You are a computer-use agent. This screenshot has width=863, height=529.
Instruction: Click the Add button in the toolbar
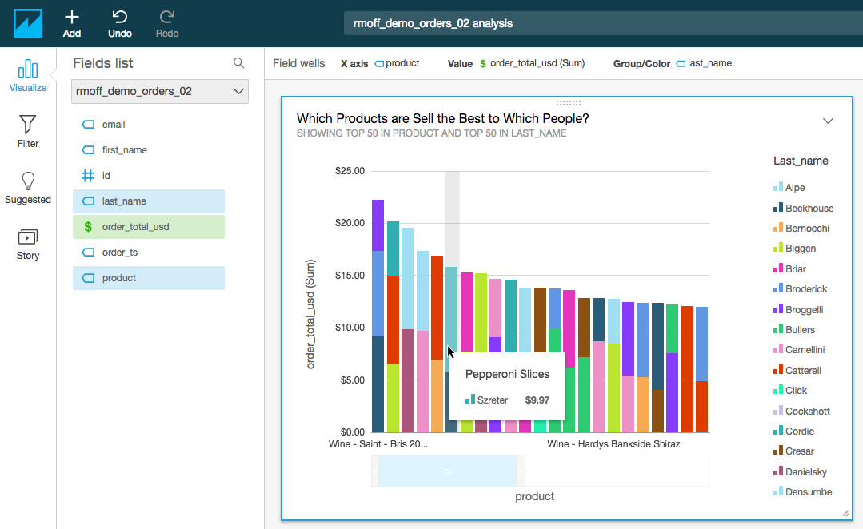point(72,23)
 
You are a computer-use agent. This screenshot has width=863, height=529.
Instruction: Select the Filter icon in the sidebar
point(28,131)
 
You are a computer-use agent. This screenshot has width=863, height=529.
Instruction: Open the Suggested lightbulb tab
point(28,187)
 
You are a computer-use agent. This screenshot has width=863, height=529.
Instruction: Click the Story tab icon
point(28,244)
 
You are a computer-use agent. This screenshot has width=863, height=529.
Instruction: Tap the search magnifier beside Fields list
point(238,63)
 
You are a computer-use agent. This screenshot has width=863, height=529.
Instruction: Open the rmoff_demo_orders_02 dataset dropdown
point(160,91)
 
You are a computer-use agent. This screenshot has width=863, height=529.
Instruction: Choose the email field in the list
point(113,125)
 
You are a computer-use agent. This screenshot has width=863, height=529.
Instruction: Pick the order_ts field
point(120,253)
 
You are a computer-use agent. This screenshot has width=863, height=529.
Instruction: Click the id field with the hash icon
point(106,176)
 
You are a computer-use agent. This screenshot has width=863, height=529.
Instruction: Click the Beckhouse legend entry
point(809,209)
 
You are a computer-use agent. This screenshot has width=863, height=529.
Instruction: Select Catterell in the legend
point(803,371)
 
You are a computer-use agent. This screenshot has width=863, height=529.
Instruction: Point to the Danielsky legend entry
point(806,472)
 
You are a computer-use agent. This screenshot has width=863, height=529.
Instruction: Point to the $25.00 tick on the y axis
point(350,171)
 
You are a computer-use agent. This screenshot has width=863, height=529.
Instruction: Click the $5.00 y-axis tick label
point(352,380)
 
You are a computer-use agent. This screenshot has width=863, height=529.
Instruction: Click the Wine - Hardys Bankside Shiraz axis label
point(613,444)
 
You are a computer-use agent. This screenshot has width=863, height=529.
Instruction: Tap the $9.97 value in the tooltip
point(537,400)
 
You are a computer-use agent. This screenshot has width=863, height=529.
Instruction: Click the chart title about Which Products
point(442,118)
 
